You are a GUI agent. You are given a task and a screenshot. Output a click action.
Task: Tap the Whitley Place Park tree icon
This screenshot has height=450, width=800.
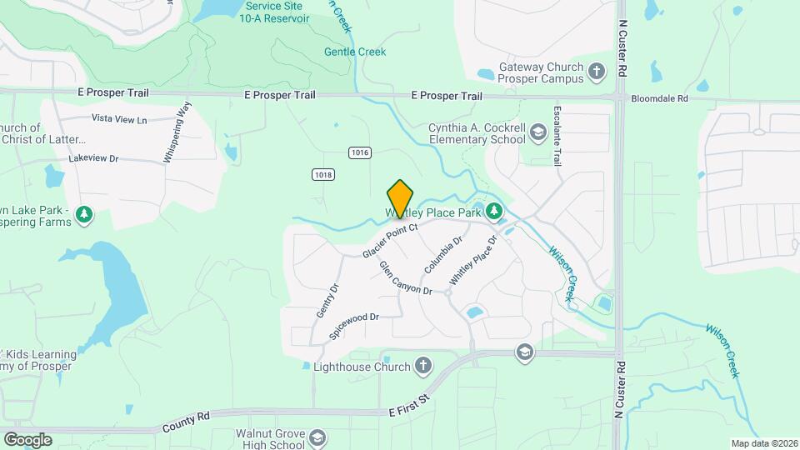(x=494, y=212)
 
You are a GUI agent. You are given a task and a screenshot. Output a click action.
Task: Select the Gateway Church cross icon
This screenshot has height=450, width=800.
(x=596, y=72)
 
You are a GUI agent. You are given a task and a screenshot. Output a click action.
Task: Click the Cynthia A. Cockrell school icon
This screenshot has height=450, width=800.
(x=537, y=132)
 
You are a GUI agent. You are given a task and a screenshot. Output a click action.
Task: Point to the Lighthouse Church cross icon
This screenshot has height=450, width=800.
(x=423, y=366)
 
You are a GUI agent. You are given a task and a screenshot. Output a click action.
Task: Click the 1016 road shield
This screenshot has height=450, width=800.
(x=359, y=152)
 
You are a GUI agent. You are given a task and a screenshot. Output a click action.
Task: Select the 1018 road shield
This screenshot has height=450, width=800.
(x=323, y=174)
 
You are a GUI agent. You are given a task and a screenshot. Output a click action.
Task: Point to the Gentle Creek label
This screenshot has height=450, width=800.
(x=355, y=52)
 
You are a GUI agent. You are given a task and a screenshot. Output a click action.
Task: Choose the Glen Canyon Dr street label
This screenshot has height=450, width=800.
(x=406, y=278)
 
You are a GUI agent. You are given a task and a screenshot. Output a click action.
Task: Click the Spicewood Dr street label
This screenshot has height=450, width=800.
(x=354, y=325)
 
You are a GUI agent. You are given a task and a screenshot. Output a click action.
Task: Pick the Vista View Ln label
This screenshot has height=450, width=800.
(x=119, y=119)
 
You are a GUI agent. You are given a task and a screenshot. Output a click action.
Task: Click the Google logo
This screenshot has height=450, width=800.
(x=27, y=439)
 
